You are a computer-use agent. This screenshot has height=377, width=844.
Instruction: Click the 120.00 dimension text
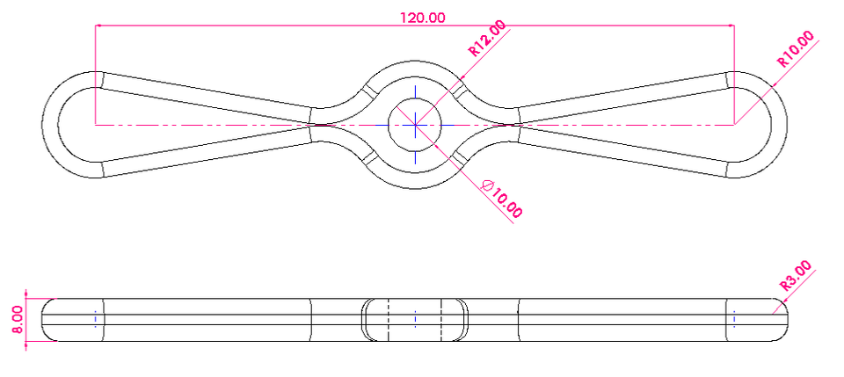tap(421, 18)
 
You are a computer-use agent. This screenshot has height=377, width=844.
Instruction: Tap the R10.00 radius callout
tap(796, 50)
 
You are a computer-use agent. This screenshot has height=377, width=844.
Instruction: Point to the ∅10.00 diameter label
tap(503, 199)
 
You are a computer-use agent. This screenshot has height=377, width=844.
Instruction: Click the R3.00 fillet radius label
tap(796, 276)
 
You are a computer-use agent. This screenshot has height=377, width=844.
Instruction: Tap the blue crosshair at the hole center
tap(415, 125)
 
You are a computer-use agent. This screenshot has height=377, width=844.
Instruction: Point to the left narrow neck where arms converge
tap(313, 124)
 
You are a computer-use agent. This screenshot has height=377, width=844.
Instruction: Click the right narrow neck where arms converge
tap(519, 124)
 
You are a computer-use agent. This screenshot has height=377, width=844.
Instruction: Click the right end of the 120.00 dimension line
tap(735, 25)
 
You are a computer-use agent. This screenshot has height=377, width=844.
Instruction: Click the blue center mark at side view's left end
tap(95, 317)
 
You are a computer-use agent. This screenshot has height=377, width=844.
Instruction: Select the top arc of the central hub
tap(415, 63)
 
